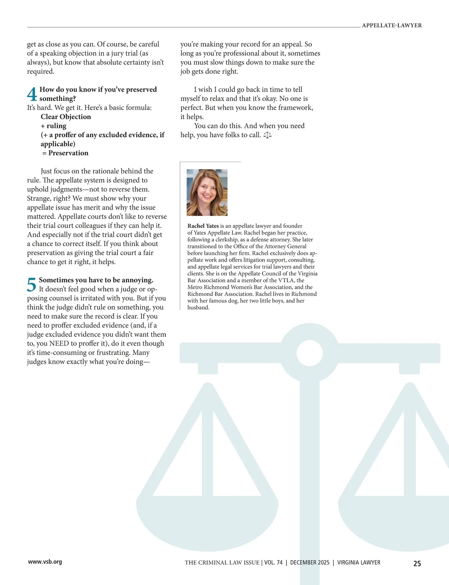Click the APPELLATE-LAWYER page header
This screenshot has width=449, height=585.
392,25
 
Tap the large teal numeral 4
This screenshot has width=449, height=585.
32,94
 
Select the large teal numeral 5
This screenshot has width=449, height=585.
32,285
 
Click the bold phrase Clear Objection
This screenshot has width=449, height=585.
66,117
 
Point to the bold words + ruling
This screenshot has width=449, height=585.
54,126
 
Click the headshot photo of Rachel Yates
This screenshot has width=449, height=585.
207,192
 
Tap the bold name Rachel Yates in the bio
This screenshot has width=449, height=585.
203,226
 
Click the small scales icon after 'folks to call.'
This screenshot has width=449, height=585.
268,135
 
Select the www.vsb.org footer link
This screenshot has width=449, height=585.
45,561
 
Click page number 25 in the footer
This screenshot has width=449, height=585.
417,563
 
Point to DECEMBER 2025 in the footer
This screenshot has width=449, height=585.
310,563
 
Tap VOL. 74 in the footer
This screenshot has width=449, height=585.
274,563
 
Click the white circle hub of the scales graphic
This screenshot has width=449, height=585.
310,353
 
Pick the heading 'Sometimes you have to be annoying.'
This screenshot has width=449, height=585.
96,280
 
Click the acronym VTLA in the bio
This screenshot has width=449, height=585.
287,281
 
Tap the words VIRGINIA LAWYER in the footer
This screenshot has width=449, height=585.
359,563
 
